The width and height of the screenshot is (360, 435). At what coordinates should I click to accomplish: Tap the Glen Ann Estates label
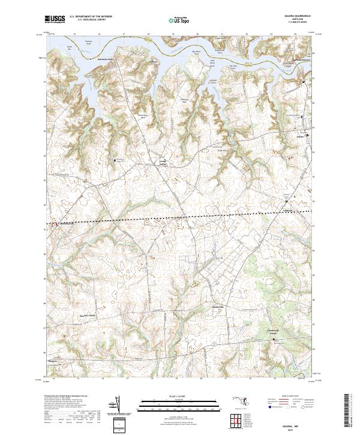click(90, 315)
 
